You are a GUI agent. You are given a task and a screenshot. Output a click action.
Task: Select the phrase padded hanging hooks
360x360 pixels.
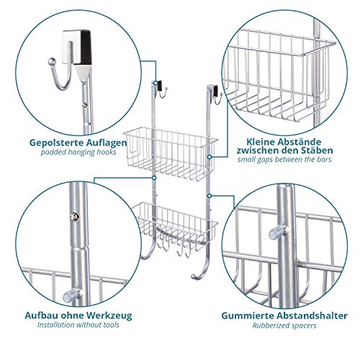pos(78,153)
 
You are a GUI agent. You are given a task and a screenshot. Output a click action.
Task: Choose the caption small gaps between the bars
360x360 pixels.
pos(284,159)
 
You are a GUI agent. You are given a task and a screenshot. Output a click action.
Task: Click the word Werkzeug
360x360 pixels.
pos(109,315)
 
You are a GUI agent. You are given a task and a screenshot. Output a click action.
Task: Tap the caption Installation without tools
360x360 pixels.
pos(78,325)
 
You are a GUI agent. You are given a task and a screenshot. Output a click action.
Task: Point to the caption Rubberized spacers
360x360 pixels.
pos(284,325)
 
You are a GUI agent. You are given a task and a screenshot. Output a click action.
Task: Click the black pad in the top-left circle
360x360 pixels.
pos(86,48)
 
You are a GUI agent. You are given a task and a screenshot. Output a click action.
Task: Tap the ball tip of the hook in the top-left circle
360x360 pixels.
pos(52,62)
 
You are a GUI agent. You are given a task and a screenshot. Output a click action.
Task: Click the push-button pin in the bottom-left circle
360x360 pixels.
pos(74,217)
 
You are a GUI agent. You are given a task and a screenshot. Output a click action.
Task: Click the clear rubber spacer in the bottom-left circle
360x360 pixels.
pos(70,296)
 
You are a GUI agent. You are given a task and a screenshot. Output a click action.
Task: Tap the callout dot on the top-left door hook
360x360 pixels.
pos(156,83)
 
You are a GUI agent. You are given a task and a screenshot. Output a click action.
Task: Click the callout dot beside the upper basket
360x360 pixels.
pos(210,157)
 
